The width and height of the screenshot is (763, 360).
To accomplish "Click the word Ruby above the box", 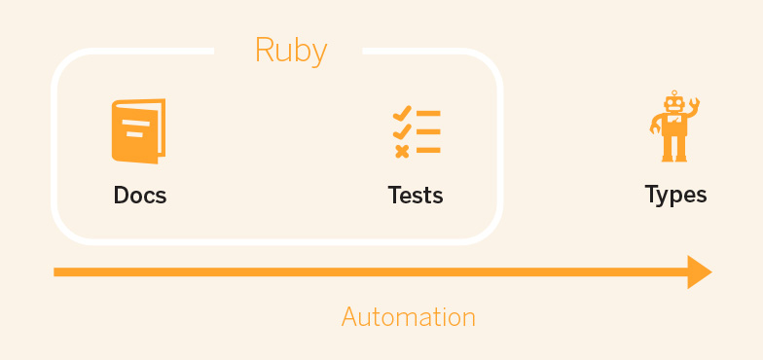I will [x=290, y=51].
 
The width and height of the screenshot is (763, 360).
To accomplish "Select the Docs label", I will [x=140, y=195].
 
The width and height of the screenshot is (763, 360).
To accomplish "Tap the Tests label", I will [x=416, y=195].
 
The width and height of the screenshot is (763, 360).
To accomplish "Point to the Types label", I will [x=675, y=194].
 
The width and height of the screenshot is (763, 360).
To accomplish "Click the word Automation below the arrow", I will [x=408, y=317].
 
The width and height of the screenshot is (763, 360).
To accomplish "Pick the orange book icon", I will [x=138, y=131].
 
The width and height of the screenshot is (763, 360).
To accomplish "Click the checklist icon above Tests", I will [x=416, y=132].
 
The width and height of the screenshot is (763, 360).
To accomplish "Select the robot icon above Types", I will [x=674, y=126].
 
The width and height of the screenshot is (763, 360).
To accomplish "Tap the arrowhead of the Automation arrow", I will [x=700, y=271].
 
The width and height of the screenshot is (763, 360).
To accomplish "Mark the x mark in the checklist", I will [x=401, y=151].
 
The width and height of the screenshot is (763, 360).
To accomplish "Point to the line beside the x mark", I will [x=428, y=151].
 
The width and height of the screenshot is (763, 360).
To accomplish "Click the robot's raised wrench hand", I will [x=694, y=104].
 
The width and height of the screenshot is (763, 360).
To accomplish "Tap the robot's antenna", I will [x=673, y=92].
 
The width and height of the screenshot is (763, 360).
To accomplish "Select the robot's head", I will [x=673, y=104].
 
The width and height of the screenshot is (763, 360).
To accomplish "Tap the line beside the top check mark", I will [x=428, y=114].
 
